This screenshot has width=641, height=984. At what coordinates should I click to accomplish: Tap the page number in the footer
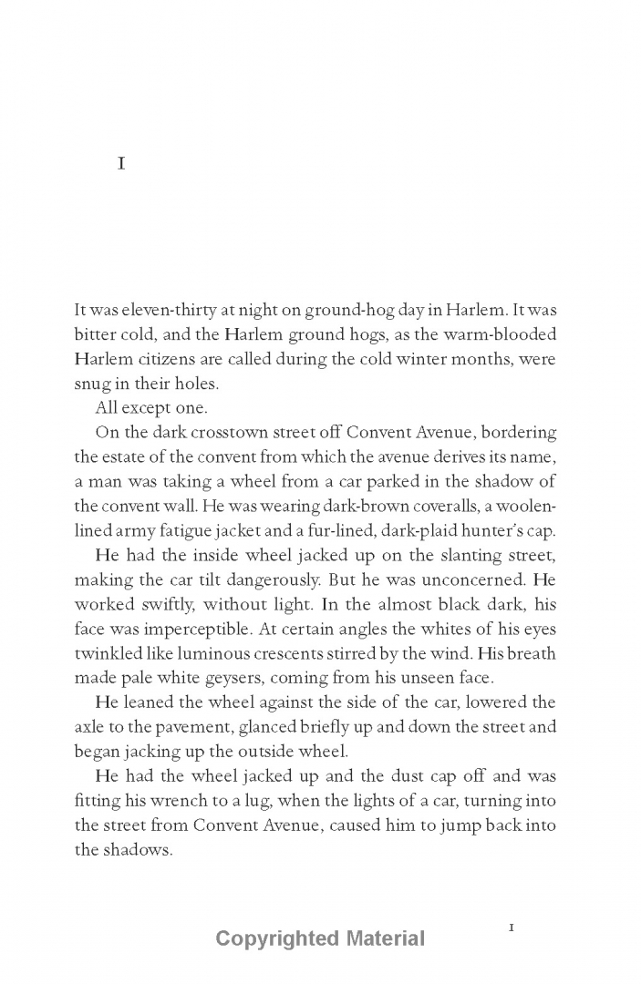click(x=512, y=927)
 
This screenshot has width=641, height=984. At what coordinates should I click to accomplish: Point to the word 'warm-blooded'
click(x=507, y=333)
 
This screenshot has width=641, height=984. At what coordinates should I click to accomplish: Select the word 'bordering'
click(x=516, y=432)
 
